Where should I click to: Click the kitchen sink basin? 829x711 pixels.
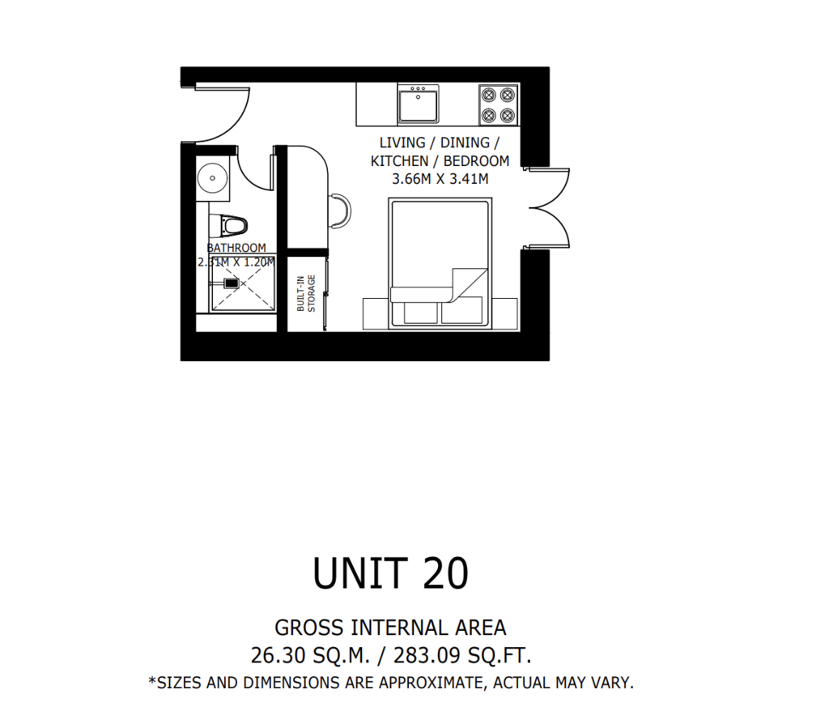tap(418, 104)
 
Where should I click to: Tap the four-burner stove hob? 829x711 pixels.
tap(498, 104)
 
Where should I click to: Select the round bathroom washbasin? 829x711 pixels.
tap(213, 178)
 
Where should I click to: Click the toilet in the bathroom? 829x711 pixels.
tap(228, 227)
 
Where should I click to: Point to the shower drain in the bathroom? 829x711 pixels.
tap(232, 283)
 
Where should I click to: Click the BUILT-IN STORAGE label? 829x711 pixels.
tap(306, 293)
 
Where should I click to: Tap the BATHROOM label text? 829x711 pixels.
tap(236, 248)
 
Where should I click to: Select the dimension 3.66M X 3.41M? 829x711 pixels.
tap(440, 179)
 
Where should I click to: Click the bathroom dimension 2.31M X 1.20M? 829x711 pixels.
tap(236, 262)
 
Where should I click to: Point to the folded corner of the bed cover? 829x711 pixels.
tap(469, 284)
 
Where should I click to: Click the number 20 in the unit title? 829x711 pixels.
tap(446, 573)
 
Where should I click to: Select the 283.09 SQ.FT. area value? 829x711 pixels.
tap(462, 655)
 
